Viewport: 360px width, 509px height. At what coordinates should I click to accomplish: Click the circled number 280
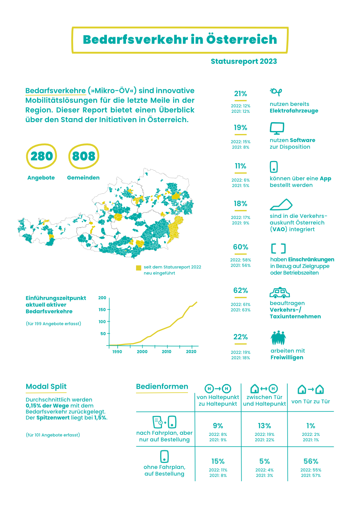coord(42,156)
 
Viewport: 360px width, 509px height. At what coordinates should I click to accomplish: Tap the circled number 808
coord(84,156)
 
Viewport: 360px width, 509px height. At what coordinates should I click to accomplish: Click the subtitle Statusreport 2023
coord(244,61)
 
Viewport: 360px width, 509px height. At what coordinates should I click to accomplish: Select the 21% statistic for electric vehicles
coord(240,94)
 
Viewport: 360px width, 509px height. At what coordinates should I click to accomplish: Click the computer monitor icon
coord(277,128)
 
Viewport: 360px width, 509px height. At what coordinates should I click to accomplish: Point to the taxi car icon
coord(280,293)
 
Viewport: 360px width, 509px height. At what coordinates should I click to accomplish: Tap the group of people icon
coord(278,338)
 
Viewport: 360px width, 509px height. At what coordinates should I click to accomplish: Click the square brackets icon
coord(278,249)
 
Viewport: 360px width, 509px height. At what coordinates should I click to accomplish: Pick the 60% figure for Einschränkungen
coord(240,247)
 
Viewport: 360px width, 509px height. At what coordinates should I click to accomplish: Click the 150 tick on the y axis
coord(102,310)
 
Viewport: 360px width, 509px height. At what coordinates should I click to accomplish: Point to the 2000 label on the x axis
coord(142,352)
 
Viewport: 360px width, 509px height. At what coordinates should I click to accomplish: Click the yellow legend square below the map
coord(139,268)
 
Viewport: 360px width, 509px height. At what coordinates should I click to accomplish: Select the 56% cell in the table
coord(311,461)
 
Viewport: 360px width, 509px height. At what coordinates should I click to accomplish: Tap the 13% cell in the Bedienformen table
coord(264,426)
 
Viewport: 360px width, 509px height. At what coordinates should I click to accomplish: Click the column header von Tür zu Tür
coord(311,401)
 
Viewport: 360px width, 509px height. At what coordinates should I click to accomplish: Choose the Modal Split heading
coord(46,387)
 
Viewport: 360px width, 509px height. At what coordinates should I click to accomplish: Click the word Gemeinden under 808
coord(83,178)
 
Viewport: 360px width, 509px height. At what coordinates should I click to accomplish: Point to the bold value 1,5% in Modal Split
coord(100,418)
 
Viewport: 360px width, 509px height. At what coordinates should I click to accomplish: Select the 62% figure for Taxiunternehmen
coord(240,290)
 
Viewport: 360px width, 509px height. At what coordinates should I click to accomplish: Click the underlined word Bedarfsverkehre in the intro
coord(55,91)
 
